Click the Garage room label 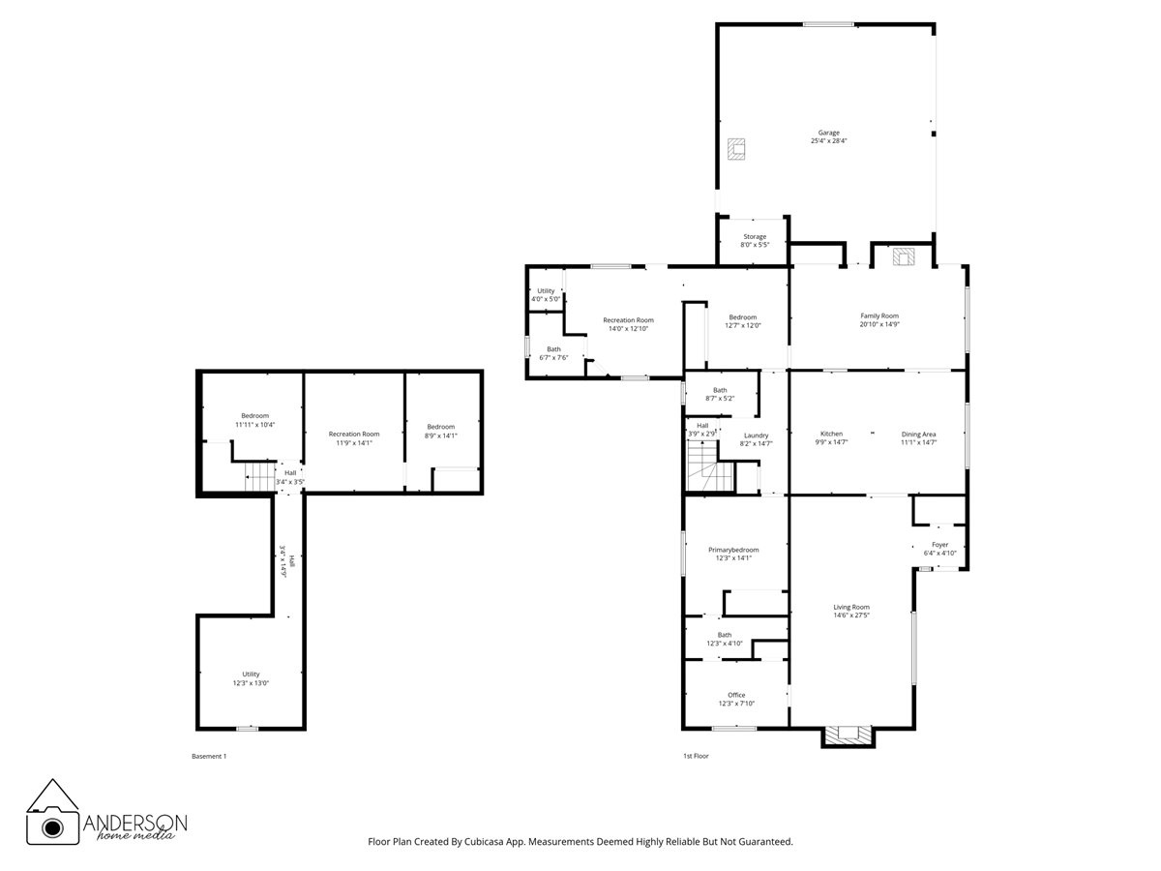pos(828,136)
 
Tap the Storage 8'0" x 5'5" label pos(755,240)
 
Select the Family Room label pos(879,320)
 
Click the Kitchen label pos(831,437)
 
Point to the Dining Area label pos(918,437)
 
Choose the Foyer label pos(939,549)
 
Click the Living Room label pos(851,611)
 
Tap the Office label pos(736,699)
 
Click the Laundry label pos(756,439)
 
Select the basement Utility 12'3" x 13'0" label pos(251,678)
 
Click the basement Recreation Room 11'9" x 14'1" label pos(353,438)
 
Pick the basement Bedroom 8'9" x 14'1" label pos(441,431)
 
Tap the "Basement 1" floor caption pos(210,756)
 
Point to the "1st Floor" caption pos(696,756)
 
